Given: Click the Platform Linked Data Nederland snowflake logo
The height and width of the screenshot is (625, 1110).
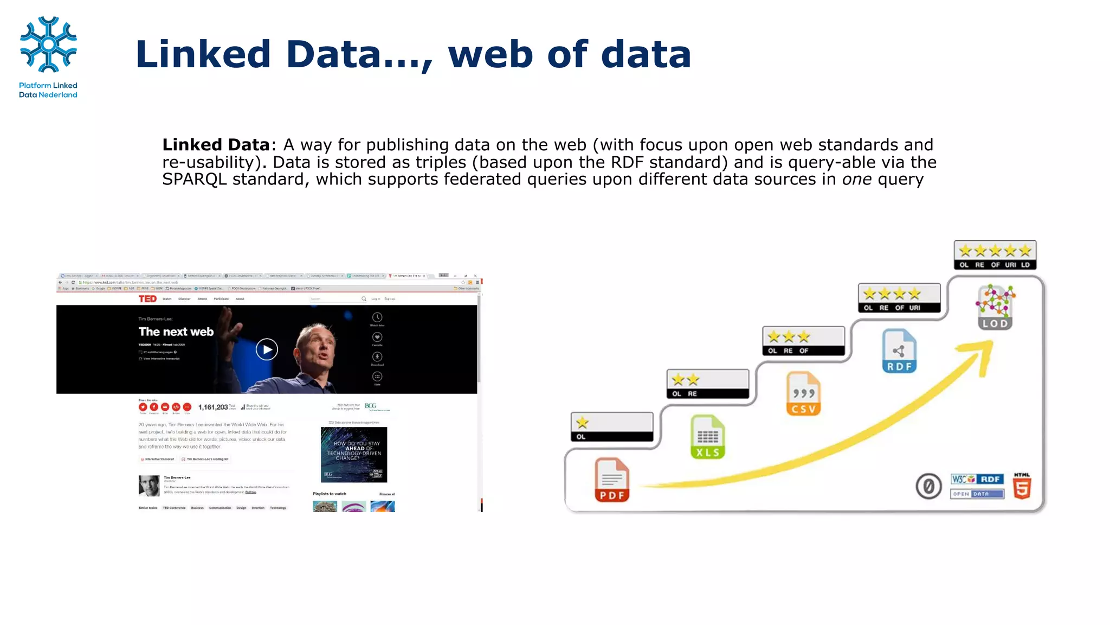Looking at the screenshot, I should [x=48, y=44].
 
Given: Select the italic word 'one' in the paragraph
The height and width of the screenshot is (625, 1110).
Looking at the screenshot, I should [x=856, y=180].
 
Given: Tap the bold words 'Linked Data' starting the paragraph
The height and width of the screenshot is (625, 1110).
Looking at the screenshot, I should [x=216, y=145].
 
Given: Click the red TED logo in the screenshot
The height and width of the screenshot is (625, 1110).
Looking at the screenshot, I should [x=147, y=299].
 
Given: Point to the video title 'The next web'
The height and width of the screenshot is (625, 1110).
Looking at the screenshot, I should [x=176, y=331].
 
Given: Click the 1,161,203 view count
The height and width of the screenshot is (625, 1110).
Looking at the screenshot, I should [x=213, y=407].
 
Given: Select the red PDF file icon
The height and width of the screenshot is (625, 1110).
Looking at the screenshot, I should [x=612, y=480].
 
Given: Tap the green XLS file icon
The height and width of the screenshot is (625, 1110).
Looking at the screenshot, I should [x=707, y=437].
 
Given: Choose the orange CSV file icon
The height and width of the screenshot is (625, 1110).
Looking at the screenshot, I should [x=803, y=394].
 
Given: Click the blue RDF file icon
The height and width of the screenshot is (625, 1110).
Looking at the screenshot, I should [x=899, y=351].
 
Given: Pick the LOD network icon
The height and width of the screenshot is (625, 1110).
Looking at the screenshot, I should [x=995, y=307].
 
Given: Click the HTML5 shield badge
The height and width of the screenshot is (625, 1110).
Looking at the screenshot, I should [x=1022, y=486].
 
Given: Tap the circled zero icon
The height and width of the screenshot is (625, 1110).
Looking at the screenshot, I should [x=928, y=486].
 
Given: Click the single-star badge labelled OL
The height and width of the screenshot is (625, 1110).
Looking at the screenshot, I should [x=612, y=427].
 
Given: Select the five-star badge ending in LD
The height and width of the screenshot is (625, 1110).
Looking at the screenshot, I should [x=995, y=255].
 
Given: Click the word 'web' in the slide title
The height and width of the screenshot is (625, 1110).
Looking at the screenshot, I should [x=490, y=54].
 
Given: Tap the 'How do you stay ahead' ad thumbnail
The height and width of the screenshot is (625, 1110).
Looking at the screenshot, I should [x=353, y=455].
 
